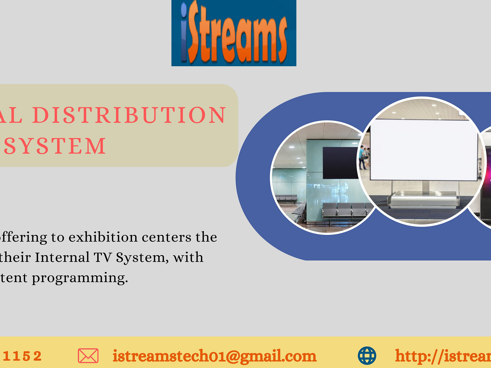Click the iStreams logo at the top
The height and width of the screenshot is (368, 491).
(234, 33)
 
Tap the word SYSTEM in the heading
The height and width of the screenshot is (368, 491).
(55, 146)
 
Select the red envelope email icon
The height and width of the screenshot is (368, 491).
(88, 356)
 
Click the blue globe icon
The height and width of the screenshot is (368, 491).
(367, 356)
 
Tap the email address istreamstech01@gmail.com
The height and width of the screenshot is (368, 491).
(214, 356)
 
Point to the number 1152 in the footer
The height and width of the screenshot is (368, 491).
(22, 356)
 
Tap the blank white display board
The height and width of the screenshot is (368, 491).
(423, 150)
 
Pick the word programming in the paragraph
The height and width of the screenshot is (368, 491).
(80, 278)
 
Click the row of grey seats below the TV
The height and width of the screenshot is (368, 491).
(344, 210)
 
